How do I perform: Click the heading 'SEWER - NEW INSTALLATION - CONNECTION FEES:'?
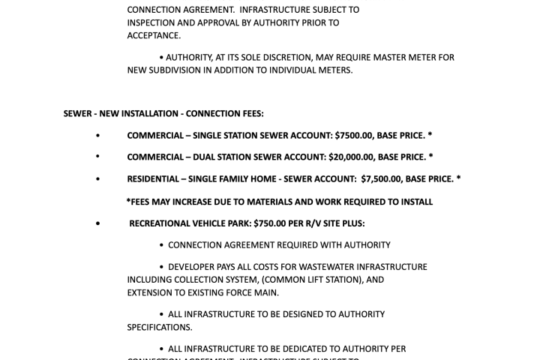pyautogui.click(x=163, y=114)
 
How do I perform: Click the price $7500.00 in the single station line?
pyautogui.click(x=354, y=136)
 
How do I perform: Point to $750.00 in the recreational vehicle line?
pyautogui.click(x=269, y=223)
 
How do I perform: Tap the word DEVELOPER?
pyautogui.click(x=195, y=267)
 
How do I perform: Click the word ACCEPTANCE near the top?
pyautogui.click(x=153, y=35)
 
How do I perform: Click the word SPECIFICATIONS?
pyautogui.click(x=159, y=328)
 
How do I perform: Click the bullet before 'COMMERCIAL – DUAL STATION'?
pyautogui.click(x=97, y=157)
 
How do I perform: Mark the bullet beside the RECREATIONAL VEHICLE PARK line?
pyautogui.click(x=97, y=223)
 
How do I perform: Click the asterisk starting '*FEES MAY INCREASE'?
pyautogui.click(x=128, y=201)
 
